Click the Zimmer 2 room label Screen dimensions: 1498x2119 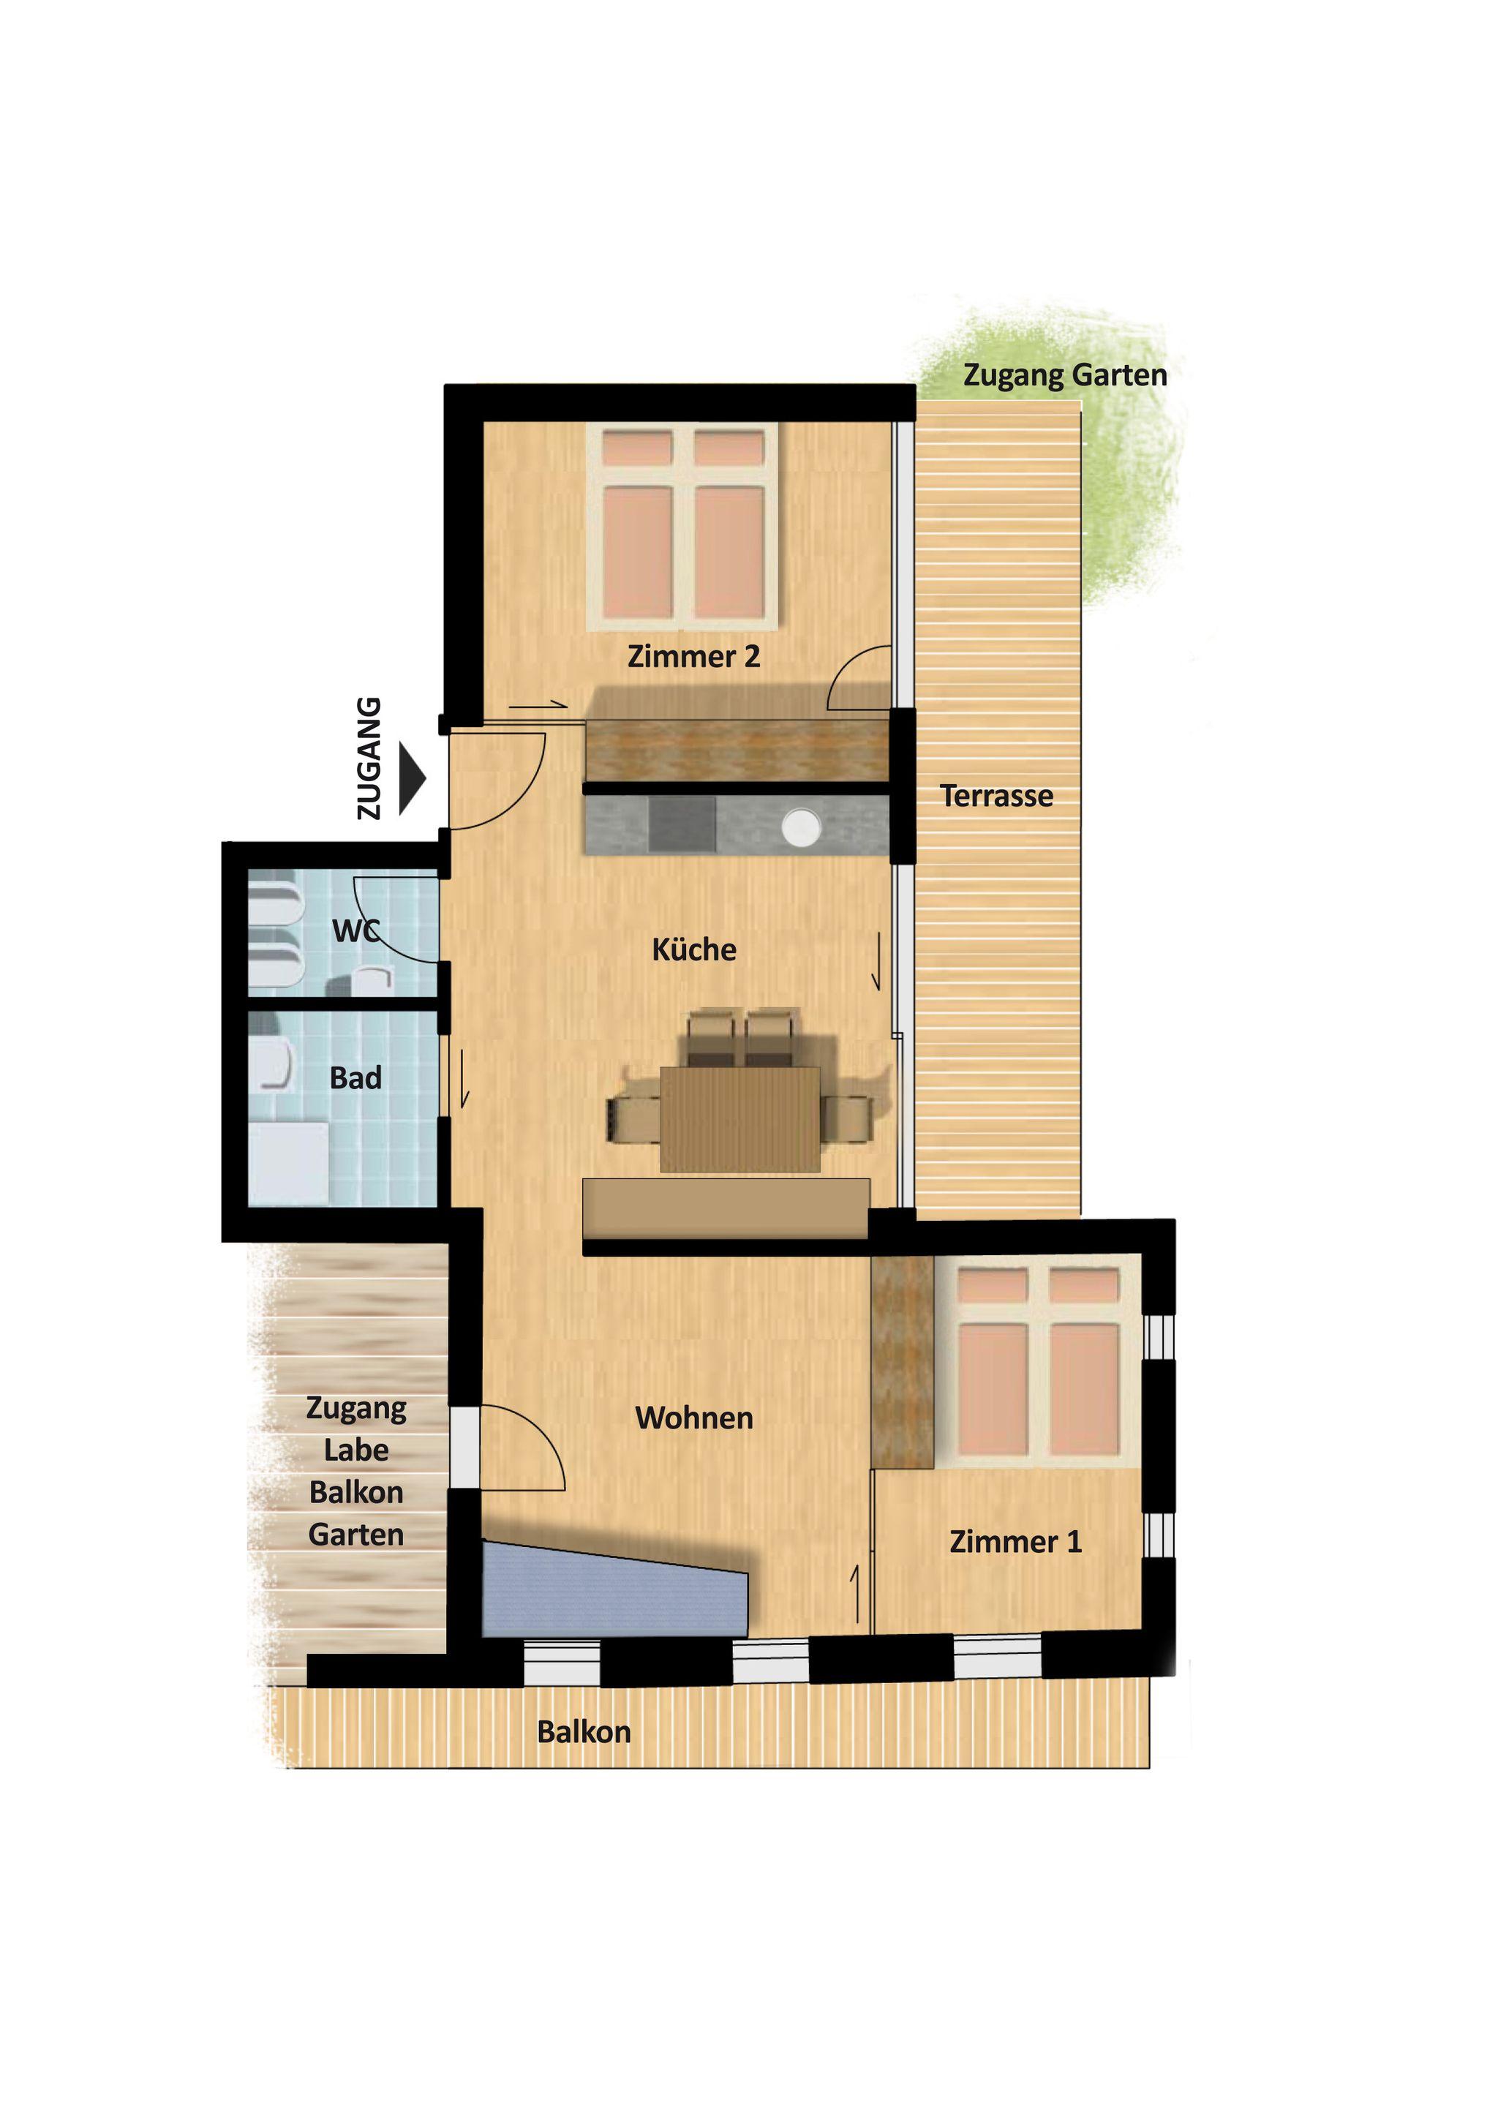pyautogui.click(x=693, y=656)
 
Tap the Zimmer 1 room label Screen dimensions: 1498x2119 pyautogui.click(x=1015, y=1541)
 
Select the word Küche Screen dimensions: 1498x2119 pyautogui.click(x=694, y=949)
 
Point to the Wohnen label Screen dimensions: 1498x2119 pyautogui.click(x=694, y=1418)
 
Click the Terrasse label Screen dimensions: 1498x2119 pyautogui.click(x=997, y=796)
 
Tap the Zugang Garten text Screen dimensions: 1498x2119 pyautogui.click(x=1065, y=376)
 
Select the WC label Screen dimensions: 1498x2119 pyautogui.click(x=355, y=930)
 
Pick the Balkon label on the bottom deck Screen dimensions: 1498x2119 pyautogui.click(x=584, y=1732)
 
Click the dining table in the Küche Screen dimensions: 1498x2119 pyautogui.click(x=740, y=1120)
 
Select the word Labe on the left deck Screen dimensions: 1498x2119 pyautogui.click(x=356, y=1450)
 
